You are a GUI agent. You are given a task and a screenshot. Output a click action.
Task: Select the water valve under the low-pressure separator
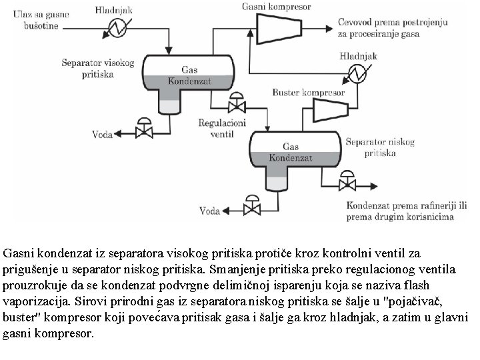point(252,209)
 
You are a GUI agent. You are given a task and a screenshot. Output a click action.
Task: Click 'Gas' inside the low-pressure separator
point(291,146)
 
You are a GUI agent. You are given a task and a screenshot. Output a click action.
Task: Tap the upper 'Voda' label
point(101,131)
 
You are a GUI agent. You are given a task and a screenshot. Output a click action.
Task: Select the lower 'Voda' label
point(210,211)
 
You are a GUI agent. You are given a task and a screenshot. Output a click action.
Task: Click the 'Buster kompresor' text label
point(309,93)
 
